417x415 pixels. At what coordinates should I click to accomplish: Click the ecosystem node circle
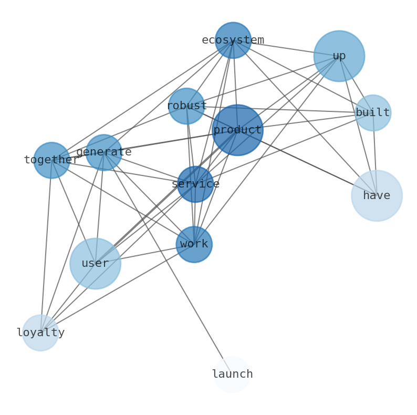point(233,40)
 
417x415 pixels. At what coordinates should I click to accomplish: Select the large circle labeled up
point(339,56)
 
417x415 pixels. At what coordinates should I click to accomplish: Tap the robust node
point(186,106)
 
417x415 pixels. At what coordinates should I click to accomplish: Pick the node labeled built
point(373,113)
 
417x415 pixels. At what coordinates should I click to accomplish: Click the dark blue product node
point(237,130)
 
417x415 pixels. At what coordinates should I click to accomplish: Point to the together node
point(51,160)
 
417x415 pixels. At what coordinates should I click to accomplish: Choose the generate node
point(104,152)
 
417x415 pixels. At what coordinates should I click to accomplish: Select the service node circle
point(195,184)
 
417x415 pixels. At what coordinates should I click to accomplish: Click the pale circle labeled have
point(377,196)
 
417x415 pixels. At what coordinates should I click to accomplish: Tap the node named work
point(194,244)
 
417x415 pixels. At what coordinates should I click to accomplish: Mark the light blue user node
point(95,264)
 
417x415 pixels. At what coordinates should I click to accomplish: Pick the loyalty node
point(40,333)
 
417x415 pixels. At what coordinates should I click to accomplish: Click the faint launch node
point(232,375)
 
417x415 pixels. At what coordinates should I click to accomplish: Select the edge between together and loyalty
point(46,247)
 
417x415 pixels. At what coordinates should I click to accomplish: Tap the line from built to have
point(375,155)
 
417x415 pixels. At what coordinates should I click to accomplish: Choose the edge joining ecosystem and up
point(286,48)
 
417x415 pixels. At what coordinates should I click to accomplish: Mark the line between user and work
point(144,254)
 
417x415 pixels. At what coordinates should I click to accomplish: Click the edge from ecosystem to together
point(142,100)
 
